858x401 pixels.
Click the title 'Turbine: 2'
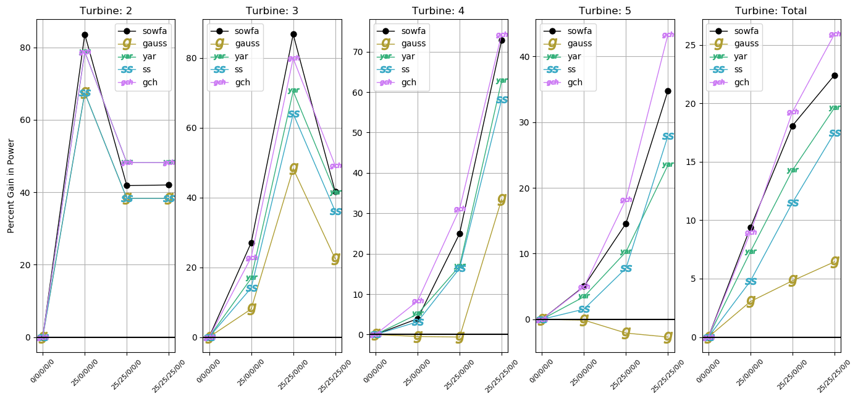click(106, 11)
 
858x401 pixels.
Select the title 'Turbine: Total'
click(770, 11)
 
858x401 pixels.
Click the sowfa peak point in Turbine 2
click(85, 35)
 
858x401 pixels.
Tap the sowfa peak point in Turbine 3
click(293, 34)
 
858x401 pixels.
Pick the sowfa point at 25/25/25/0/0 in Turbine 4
click(502, 40)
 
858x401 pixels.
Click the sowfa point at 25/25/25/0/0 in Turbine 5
click(668, 91)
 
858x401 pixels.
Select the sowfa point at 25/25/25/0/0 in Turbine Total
click(835, 75)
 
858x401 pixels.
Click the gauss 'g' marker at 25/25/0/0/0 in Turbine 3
click(293, 167)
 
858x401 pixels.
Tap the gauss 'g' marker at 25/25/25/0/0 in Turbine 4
click(502, 198)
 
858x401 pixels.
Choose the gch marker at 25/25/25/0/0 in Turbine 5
click(668, 35)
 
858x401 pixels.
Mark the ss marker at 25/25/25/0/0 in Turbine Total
click(835, 133)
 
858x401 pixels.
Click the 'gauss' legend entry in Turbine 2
click(146, 43)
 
